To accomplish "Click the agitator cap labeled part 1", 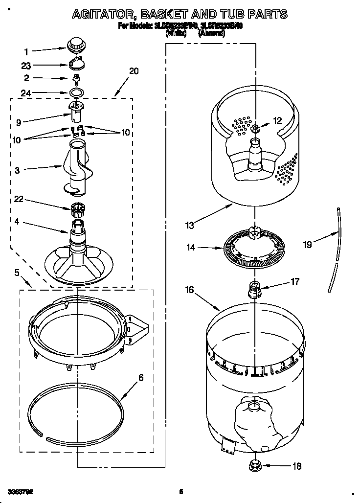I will click(75, 45).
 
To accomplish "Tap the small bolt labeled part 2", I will click(76, 79).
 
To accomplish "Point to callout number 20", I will click(134, 71).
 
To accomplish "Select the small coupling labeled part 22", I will click(77, 209).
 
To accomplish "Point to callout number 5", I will click(18, 272).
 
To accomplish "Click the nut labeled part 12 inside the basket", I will click(256, 128).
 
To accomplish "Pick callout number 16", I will click(189, 290).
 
